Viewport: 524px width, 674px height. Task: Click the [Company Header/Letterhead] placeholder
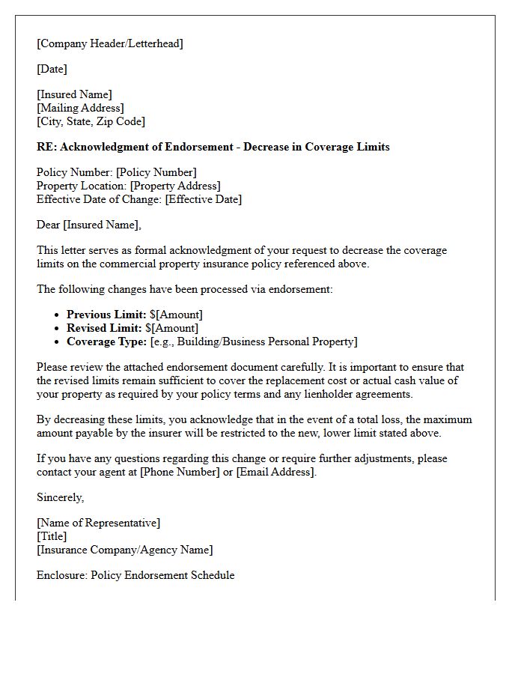110,43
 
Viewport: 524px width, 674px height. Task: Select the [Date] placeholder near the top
52,69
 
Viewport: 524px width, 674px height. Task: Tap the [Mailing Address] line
80,108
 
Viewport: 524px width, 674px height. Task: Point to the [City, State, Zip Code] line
91,121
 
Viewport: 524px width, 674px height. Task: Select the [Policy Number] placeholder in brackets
156,172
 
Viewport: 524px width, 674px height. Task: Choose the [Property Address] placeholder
175,186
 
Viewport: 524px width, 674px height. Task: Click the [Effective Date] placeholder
203,199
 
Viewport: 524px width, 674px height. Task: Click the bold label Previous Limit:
106,315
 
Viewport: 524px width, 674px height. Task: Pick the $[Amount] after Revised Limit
174,328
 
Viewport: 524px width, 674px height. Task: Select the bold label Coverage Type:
106,341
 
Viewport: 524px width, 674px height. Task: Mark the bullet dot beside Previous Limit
57,315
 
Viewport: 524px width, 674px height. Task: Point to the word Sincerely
61,497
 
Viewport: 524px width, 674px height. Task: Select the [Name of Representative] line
98,523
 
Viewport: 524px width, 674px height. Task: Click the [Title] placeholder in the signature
52,536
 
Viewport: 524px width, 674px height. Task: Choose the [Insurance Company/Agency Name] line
124,550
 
